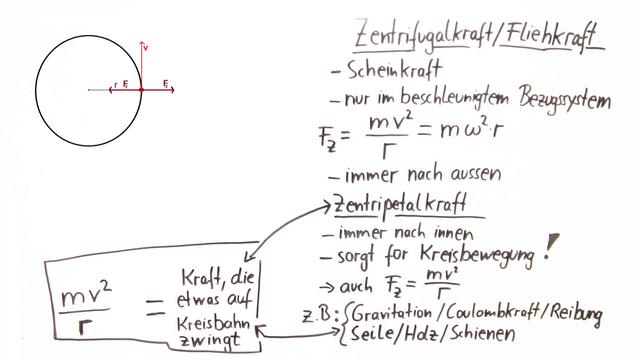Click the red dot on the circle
point(141,90)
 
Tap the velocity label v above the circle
point(146,46)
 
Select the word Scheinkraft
point(389,71)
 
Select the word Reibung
point(574,315)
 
